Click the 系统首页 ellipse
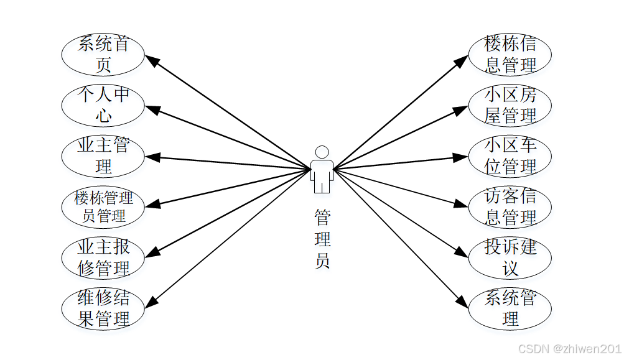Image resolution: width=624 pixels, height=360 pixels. tap(103, 54)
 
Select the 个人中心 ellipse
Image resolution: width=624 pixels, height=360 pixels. tap(103, 105)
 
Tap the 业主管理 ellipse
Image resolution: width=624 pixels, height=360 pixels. tap(103, 156)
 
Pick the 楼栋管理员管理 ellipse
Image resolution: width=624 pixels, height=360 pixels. tap(103, 207)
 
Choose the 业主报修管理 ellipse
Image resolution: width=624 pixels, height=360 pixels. tap(103, 257)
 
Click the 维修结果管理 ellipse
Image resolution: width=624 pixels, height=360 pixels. tap(103, 308)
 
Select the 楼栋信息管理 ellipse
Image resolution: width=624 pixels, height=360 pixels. tap(510, 54)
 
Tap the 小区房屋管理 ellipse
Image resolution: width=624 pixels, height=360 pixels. tap(510, 105)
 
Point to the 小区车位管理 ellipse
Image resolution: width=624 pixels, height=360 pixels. tap(510, 156)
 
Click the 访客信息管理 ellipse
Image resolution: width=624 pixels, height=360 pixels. tap(510, 207)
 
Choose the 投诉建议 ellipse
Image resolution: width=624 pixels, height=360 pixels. tap(510, 257)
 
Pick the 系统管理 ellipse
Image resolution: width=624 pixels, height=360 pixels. tap(510, 308)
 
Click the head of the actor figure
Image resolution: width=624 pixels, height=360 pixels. tap(322, 152)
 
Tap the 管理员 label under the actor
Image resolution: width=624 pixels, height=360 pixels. tap(322, 239)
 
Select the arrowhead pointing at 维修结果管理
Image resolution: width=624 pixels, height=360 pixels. tap(151, 302)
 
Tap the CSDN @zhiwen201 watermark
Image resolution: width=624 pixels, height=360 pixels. tap(569, 349)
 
